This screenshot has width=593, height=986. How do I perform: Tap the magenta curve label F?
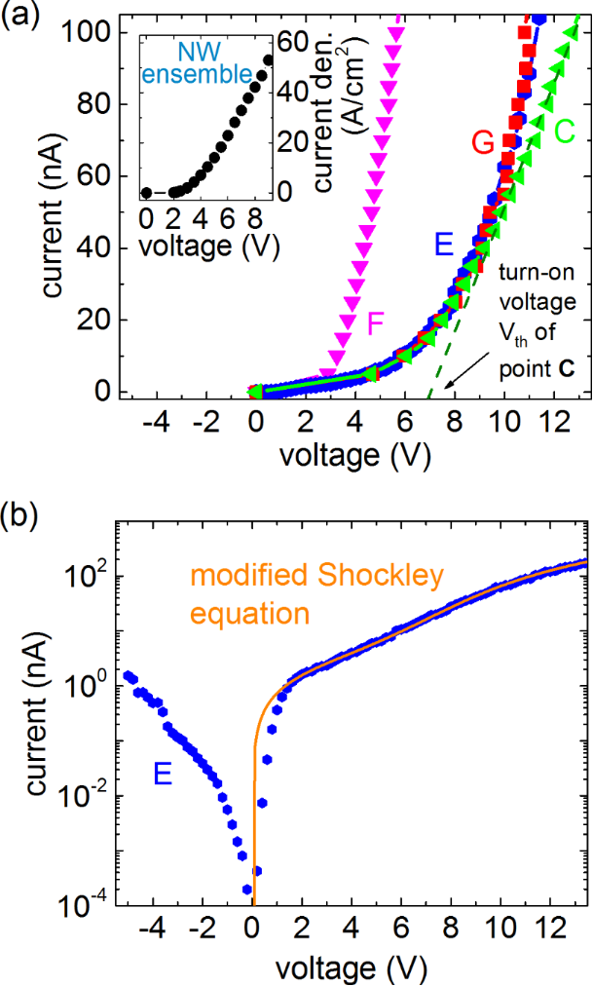tap(378, 322)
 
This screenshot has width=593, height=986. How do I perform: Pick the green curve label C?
tap(562, 127)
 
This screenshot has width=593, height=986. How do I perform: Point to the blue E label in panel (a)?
tap(444, 245)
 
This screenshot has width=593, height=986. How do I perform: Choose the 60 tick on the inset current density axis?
tap(295, 42)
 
